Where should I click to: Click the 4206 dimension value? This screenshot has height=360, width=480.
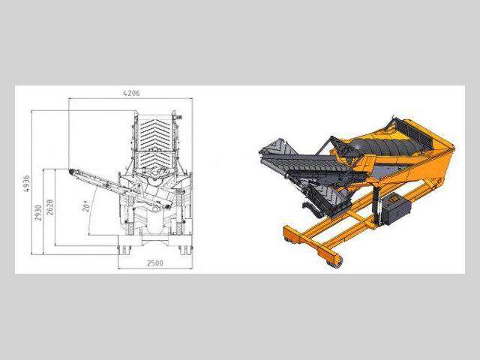click(x=131, y=93)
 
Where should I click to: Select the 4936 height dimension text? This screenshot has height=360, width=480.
click(x=27, y=183)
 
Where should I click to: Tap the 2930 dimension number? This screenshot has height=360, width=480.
click(x=38, y=213)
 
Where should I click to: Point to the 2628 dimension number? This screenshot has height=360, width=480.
click(x=50, y=207)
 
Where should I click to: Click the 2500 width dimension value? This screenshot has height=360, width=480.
click(x=155, y=263)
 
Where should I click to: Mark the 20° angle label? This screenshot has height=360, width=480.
click(x=86, y=206)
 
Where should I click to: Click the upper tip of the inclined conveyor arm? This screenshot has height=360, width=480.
click(x=70, y=171)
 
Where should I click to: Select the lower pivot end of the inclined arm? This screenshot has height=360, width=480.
click(x=167, y=207)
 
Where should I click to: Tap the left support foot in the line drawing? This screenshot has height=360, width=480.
click(x=124, y=250)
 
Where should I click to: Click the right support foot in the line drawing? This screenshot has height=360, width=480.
click(x=185, y=250)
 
